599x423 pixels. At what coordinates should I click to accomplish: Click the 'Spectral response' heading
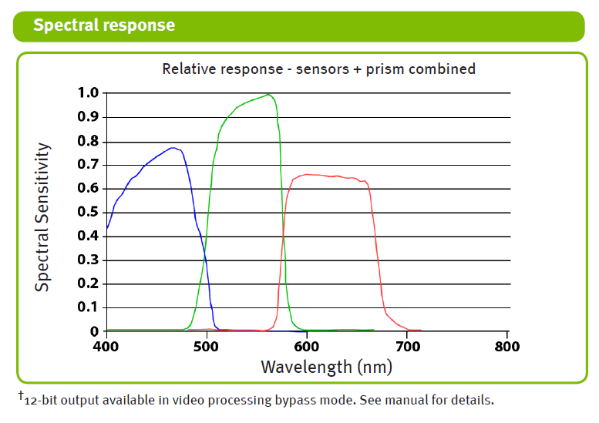pos(104,25)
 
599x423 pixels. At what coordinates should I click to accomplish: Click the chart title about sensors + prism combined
pos(318,69)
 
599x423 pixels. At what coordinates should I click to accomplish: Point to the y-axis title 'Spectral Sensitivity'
pos(43,217)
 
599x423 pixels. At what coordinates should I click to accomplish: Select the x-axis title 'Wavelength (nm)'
pos(326,366)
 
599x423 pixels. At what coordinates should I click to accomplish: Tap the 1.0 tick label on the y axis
pos(88,93)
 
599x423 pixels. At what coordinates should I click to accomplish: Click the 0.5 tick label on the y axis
pos(88,212)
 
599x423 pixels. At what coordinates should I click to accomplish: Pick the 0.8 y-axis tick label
pos(88,141)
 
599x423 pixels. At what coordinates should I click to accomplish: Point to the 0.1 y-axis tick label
pos(88,307)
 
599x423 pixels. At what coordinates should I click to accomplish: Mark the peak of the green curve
pos(268,95)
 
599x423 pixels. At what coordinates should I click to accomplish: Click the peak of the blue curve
pos(173,147)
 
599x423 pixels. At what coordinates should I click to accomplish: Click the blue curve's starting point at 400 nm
pos(107,228)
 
